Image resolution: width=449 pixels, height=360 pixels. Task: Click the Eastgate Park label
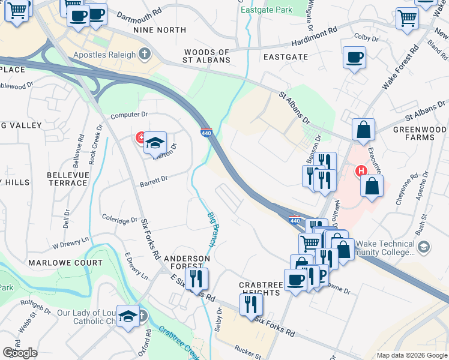coord(266,10)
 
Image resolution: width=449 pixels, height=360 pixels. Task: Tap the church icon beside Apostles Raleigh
coord(144,55)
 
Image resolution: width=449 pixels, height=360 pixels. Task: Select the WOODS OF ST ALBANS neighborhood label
coord(207,56)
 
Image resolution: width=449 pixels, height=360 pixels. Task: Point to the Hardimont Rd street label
coord(315,38)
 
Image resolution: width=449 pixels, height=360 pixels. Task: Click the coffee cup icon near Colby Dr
coord(354,58)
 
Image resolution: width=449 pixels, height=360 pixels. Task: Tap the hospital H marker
coord(361,171)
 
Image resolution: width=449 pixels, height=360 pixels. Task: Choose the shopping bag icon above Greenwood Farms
coord(364,130)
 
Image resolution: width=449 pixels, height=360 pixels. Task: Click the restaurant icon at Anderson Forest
coord(196,278)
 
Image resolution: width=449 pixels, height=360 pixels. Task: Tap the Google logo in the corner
coord(20,353)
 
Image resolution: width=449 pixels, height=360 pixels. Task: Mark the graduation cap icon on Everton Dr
coord(155,143)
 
